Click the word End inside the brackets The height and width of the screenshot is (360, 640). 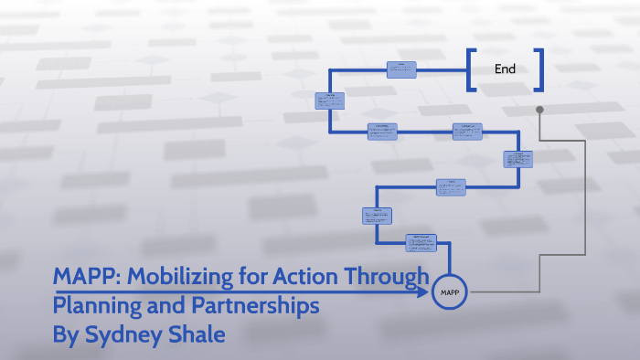505,69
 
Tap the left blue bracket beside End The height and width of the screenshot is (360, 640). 471,69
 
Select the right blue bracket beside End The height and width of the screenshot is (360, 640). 539,69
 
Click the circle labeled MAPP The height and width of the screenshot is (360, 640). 449,292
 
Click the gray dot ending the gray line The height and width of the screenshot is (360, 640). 539,110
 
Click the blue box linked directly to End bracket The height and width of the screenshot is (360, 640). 401,69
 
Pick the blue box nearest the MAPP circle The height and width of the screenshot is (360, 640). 421,242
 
